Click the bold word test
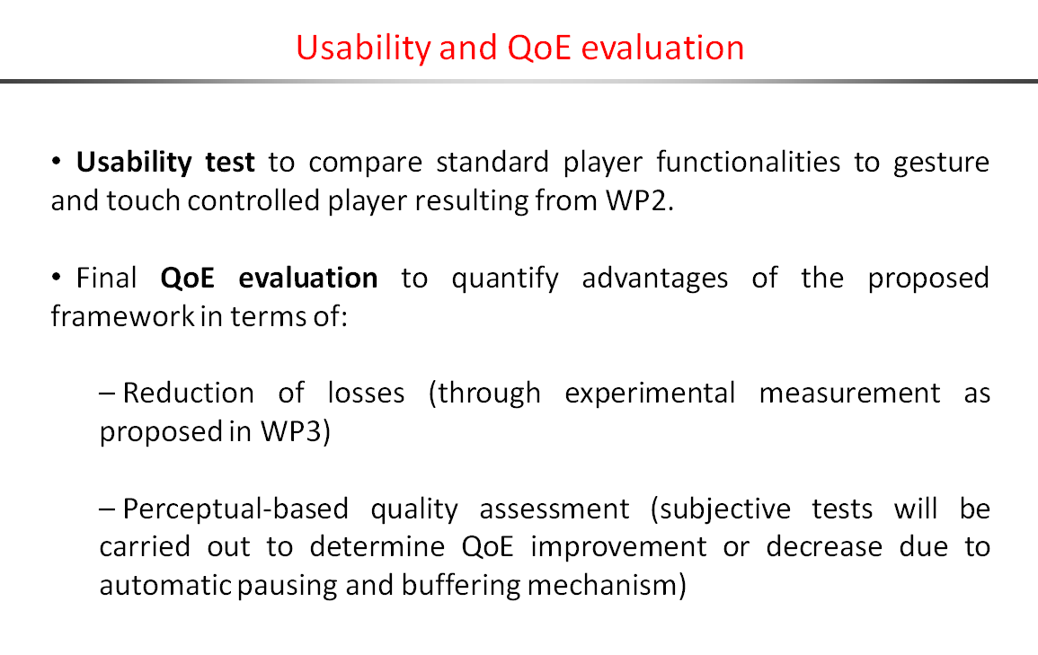230,162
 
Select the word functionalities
748,162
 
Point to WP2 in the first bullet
640,200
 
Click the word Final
107,278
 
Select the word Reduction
189,393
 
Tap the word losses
366,393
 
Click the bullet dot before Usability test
57,162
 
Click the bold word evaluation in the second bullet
308,278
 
